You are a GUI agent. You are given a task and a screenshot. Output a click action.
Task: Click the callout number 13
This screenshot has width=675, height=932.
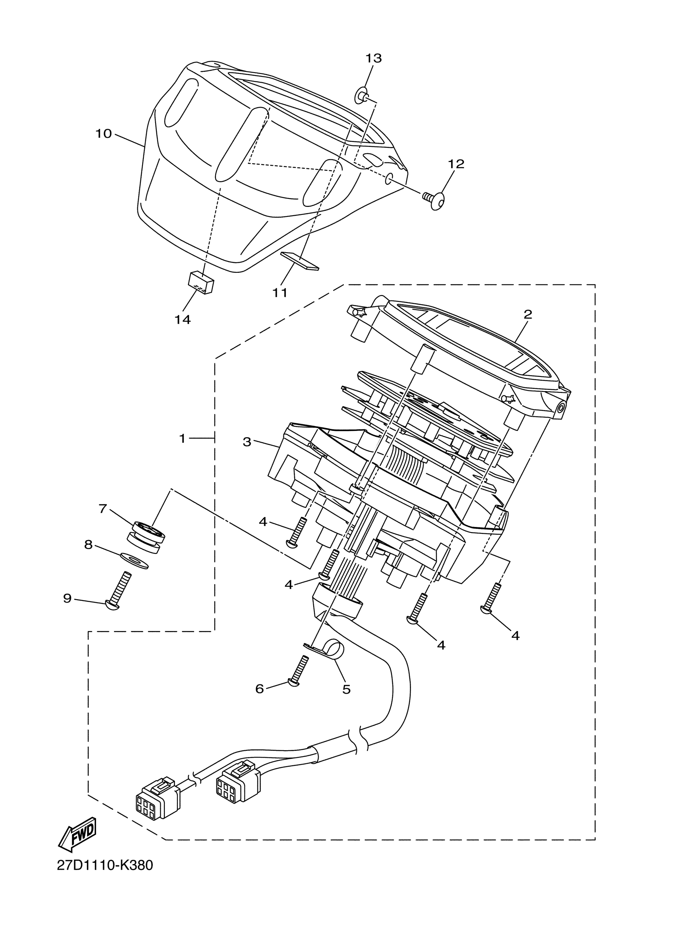pos(374,58)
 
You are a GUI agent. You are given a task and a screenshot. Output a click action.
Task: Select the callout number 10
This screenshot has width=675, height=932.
pos(104,133)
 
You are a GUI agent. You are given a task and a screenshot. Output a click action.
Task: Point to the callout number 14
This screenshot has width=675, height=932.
pos(183,319)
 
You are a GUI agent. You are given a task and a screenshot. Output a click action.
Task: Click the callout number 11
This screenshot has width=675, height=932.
pos(280,293)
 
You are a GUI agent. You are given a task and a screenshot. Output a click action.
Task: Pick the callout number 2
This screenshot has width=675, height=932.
pos(528,315)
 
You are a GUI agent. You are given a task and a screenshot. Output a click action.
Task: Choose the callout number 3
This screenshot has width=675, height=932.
pos(247,442)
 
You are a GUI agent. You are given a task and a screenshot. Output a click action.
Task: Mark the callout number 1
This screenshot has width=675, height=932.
pos(182,438)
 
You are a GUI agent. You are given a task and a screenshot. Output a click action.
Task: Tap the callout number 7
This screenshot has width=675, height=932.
pos(102,509)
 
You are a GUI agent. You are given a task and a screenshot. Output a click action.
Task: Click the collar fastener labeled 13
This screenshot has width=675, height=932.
pos(361,96)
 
